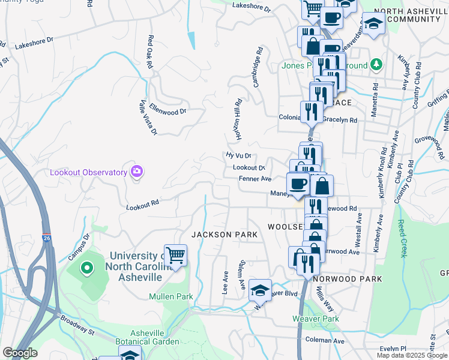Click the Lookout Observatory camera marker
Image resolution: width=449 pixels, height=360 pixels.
137,172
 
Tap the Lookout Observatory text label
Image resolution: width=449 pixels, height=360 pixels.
89,173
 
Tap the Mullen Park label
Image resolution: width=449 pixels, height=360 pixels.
170,296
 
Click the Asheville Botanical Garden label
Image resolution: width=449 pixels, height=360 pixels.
155,337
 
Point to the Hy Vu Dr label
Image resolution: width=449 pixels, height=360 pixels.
238,155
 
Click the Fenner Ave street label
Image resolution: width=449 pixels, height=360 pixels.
255,179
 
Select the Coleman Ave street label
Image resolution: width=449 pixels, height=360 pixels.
325,341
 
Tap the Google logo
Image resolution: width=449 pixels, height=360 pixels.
19,353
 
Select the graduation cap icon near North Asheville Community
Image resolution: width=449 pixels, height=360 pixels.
373,25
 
